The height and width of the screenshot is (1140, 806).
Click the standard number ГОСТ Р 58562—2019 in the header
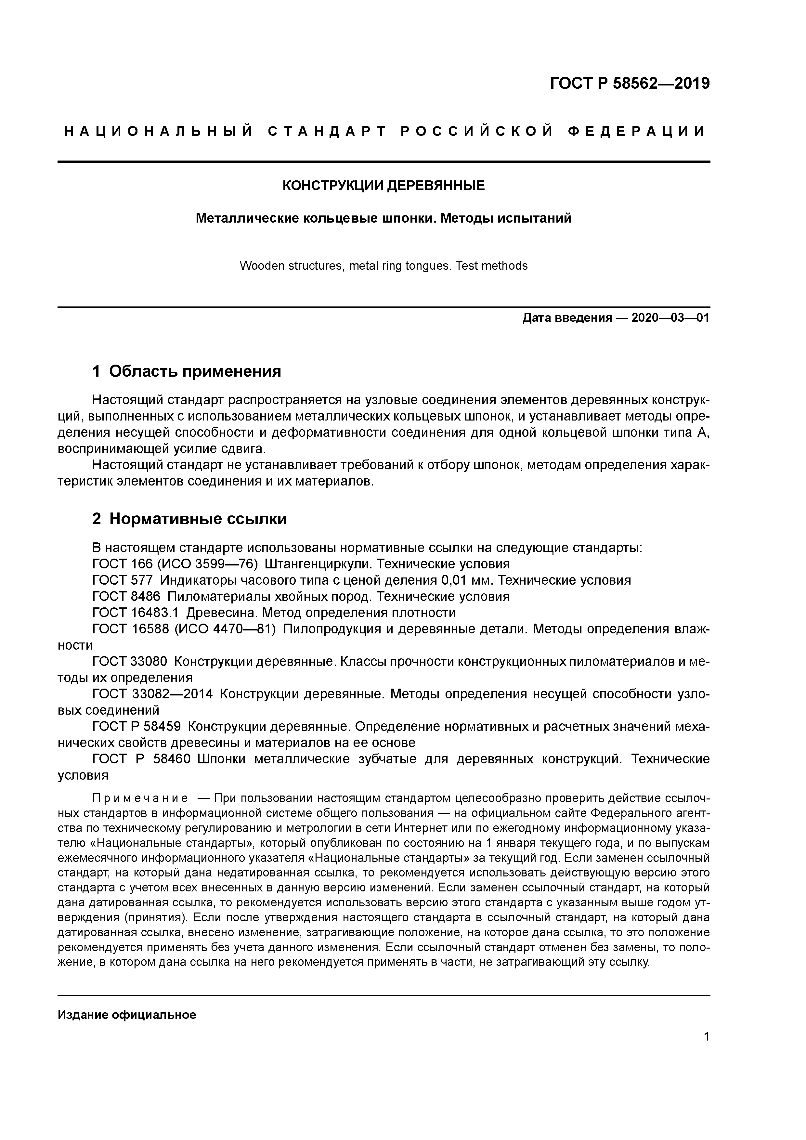pyautogui.click(x=630, y=84)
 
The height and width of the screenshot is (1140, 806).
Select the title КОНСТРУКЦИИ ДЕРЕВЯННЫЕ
pyautogui.click(x=383, y=186)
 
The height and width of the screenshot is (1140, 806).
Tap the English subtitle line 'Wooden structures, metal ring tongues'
pyautogui.click(x=383, y=266)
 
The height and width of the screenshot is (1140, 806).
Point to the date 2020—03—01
pyautogui.click(x=670, y=318)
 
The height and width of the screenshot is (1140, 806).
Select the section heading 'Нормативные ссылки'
pyautogui.click(x=198, y=519)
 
